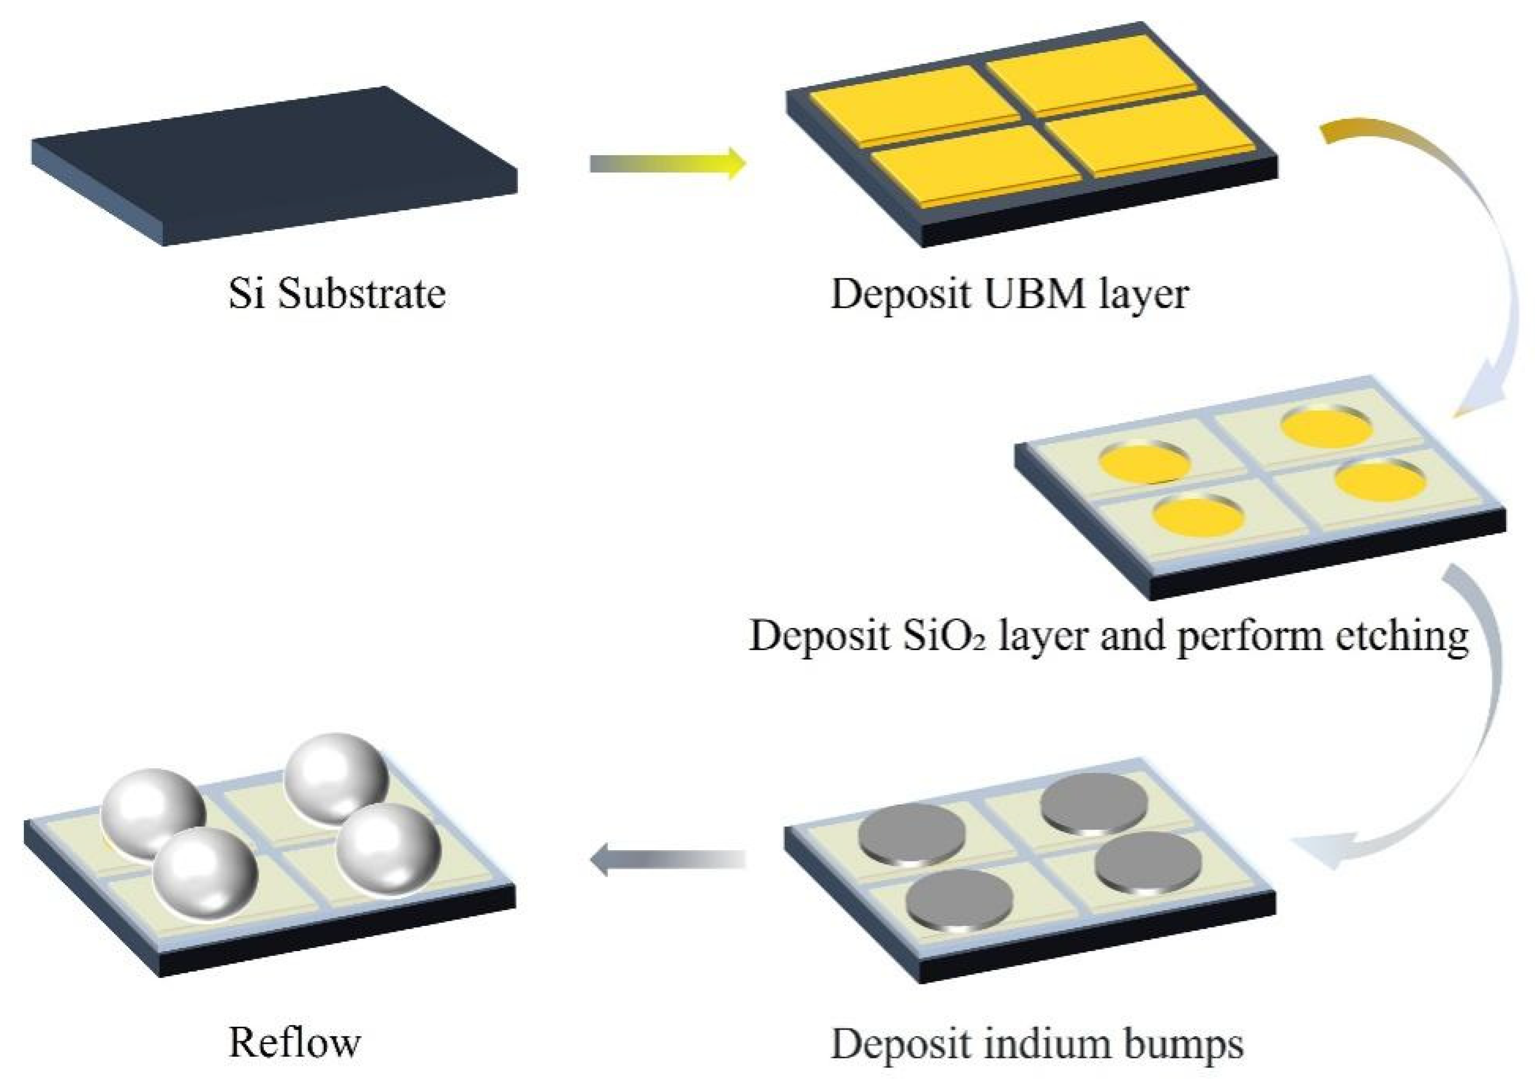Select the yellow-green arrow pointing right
[668, 164]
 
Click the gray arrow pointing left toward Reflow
[668, 860]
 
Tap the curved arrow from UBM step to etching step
[1477, 268]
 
